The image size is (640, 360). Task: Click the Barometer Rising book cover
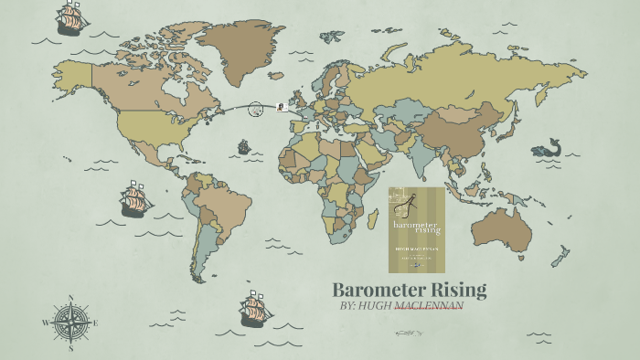pyautogui.click(x=416, y=229)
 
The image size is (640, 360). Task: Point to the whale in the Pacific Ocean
pyautogui.click(x=547, y=149)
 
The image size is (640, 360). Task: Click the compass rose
pyautogui.click(x=69, y=323)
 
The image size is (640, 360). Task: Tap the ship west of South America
pyautogui.click(x=135, y=200)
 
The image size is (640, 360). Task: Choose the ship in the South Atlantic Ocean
pyautogui.click(x=256, y=310)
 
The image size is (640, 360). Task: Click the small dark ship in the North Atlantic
pyautogui.click(x=244, y=146)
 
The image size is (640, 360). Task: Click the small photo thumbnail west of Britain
pyautogui.click(x=281, y=106)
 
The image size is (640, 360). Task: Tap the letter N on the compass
pyautogui.click(x=69, y=298)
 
